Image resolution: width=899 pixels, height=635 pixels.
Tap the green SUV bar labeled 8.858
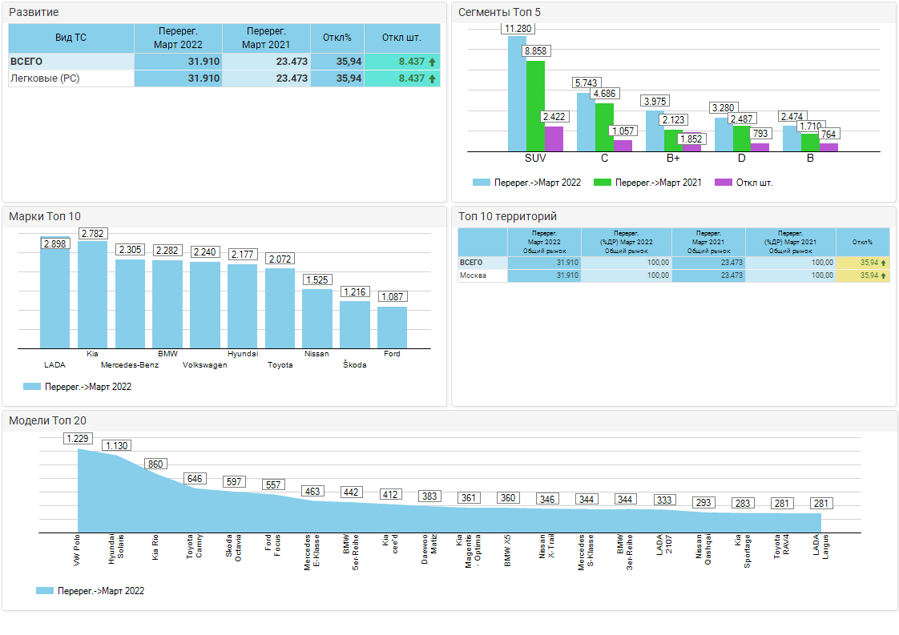point(535,104)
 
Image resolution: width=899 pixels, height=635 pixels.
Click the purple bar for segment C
point(623,145)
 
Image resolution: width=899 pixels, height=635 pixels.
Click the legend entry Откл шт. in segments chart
point(744,183)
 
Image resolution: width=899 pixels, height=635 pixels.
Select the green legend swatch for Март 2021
point(603,183)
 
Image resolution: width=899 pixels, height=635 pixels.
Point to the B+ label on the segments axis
point(673,158)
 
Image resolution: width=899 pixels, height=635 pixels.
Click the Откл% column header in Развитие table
point(337,38)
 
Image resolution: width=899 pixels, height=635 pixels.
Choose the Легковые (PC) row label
point(45,78)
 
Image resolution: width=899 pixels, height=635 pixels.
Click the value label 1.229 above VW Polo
point(79,438)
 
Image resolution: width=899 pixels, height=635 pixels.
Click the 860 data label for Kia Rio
point(155,464)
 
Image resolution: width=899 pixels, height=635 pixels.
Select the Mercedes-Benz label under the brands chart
point(130,365)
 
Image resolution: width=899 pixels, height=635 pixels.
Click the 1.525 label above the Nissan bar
point(317,280)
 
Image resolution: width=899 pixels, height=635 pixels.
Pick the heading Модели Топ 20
point(48,420)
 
